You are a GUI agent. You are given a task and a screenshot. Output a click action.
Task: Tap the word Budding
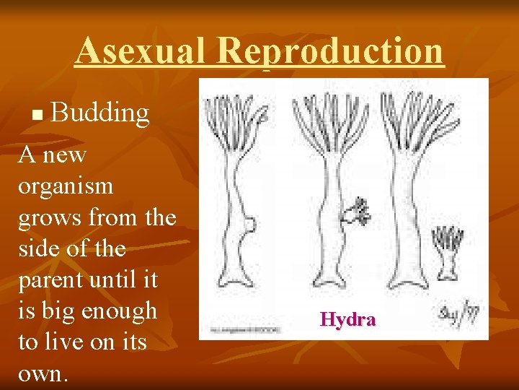pyautogui.click(x=100, y=113)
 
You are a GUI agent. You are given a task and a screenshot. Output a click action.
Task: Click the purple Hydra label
pyautogui.click(x=347, y=319)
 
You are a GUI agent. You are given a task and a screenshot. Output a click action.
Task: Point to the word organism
pyautogui.click(x=66, y=186)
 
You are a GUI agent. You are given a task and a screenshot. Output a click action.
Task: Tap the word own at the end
pyautogui.click(x=42, y=374)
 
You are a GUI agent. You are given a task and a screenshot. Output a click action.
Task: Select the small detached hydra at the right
pyautogui.click(x=448, y=252)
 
